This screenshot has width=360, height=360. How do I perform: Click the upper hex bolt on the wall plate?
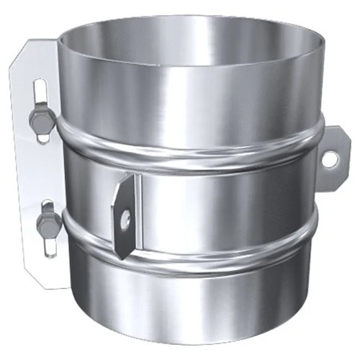(41, 120)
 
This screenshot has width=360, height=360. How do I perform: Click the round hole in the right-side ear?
(330, 160)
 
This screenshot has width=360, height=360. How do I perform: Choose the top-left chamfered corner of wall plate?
(22, 54)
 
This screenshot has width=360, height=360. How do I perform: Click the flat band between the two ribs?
(216, 198)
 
